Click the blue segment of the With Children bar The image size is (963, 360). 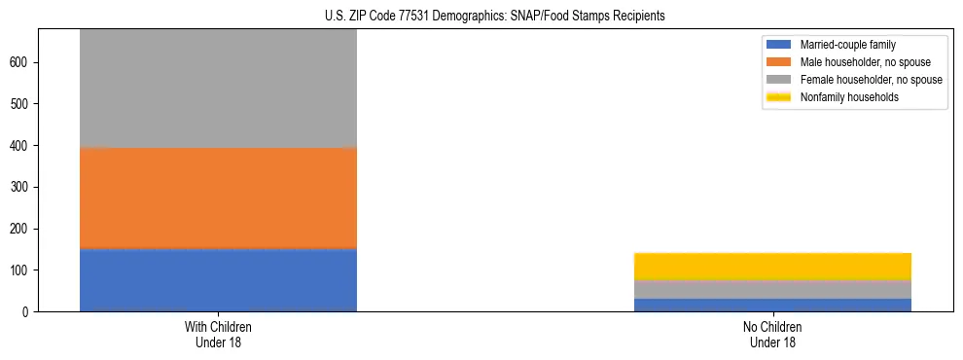tap(218, 280)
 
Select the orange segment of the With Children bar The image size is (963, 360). tap(218, 198)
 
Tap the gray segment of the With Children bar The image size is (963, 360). tap(218, 88)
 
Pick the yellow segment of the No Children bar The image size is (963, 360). tap(772, 266)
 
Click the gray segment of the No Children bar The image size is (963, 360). tap(772, 289)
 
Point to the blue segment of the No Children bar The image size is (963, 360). tap(772, 305)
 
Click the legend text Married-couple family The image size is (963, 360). tap(847, 45)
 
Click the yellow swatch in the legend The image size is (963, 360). tap(778, 97)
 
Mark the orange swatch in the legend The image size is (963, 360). tap(778, 62)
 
